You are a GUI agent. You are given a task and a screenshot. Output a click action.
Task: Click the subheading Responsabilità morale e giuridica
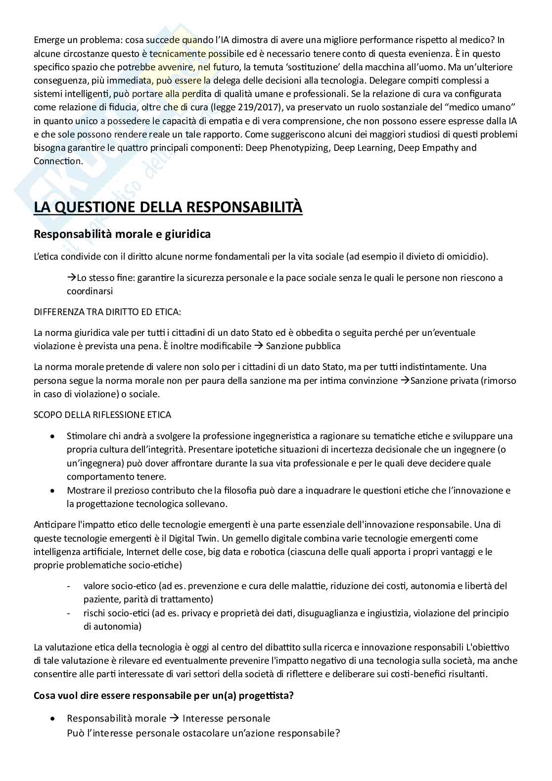click(122, 234)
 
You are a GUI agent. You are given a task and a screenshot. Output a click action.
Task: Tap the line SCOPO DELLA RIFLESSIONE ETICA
click(102, 414)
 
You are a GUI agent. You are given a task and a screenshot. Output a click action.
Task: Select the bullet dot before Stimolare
click(53, 437)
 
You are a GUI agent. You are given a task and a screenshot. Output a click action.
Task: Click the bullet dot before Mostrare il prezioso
click(53, 491)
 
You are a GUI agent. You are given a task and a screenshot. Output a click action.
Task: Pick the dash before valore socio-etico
click(68, 586)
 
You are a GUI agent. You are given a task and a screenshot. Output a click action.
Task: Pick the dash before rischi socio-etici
click(68, 613)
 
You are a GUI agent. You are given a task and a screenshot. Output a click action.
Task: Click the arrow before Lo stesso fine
click(71, 277)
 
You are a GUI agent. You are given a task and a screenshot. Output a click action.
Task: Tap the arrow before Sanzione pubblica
click(258, 346)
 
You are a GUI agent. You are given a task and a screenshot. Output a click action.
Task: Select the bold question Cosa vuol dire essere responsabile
click(164, 695)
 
